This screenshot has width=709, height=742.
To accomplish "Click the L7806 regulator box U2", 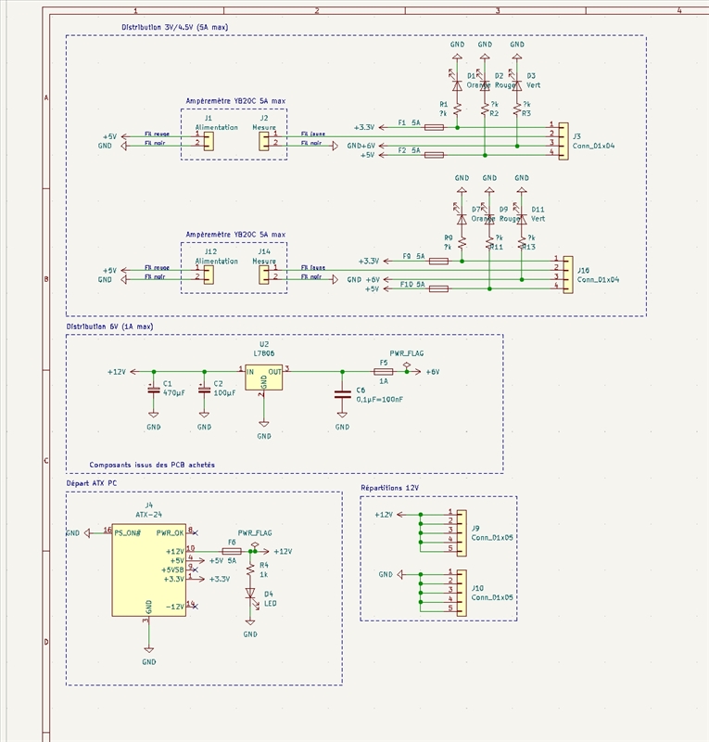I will (x=263, y=377).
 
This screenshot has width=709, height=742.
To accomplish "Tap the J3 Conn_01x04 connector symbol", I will (x=562, y=139).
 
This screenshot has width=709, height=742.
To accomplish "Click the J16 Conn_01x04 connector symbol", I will (x=566, y=273).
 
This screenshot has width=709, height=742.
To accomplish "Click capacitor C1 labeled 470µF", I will (x=153, y=389).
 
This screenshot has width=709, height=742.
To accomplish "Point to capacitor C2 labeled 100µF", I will (x=204, y=389).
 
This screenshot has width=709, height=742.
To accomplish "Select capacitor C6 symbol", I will (x=342, y=393).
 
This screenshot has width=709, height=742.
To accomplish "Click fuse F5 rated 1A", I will (x=384, y=371).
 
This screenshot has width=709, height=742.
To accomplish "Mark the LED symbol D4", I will (x=250, y=594).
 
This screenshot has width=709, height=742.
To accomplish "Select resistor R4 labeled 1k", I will (x=250, y=568).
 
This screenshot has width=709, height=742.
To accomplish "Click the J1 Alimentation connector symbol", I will (x=209, y=140).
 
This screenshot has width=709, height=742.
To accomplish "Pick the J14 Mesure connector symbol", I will (x=264, y=273).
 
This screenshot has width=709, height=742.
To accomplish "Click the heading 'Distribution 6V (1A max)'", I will (x=109, y=327).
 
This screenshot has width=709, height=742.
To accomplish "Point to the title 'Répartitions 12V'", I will (x=388, y=488).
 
